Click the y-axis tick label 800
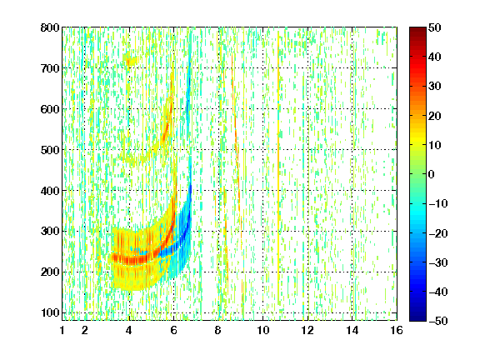tap(50, 27)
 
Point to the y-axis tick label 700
tap(50, 68)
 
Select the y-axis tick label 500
tap(50, 150)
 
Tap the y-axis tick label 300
tap(50, 231)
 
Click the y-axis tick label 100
tap(50, 312)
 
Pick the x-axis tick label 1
tap(62, 330)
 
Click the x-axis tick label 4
tap(129, 330)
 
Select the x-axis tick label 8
tap(218, 330)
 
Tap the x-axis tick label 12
tap(307, 330)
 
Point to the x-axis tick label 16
tap(397, 330)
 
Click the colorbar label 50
tap(434, 27)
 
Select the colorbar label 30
tap(434, 86)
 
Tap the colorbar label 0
tap(432, 174)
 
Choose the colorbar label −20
tap(438, 233)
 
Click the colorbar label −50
tap(438, 321)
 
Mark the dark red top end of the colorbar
tap(417, 29)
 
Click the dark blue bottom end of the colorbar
tap(417, 319)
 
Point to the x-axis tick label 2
tap(84, 330)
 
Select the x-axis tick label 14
tap(352, 330)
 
